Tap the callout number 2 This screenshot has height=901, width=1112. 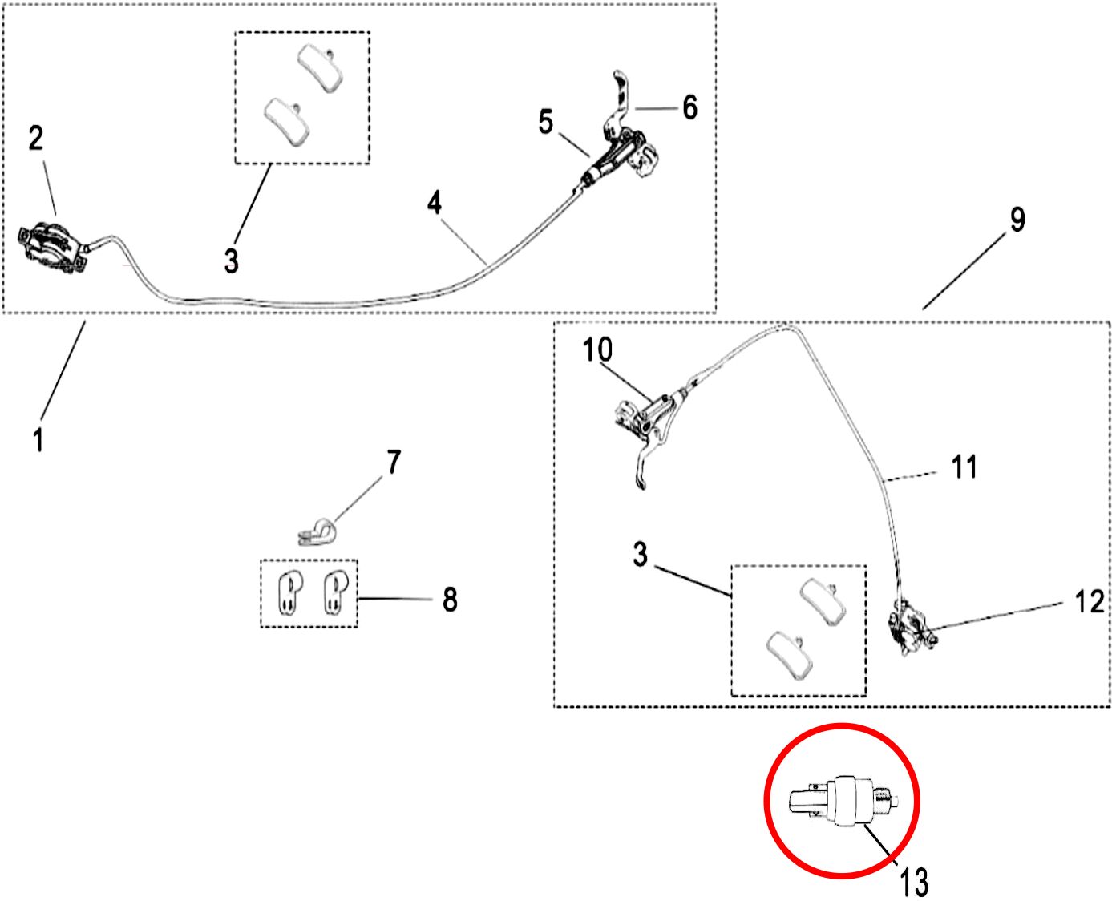click(x=35, y=139)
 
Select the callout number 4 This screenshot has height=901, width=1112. click(x=435, y=203)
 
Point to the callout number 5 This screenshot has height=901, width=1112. click(x=545, y=122)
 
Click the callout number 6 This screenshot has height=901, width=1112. click(x=689, y=107)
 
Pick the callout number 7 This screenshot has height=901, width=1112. click(x=394, y=462)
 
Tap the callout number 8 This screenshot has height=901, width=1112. click(x=450, y=600)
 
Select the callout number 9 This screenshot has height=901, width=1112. click(x=1017, y=220)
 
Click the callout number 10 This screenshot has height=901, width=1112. click(x=597, y=349)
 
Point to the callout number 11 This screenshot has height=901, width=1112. click(x=964, y=467)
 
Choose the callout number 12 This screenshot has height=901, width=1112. click(x=1090, y=601)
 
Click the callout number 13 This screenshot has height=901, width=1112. click(x=914, y=881)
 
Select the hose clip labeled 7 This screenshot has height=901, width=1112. click(x=317, y=532)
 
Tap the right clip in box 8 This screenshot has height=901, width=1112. click(x=336, y=593)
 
